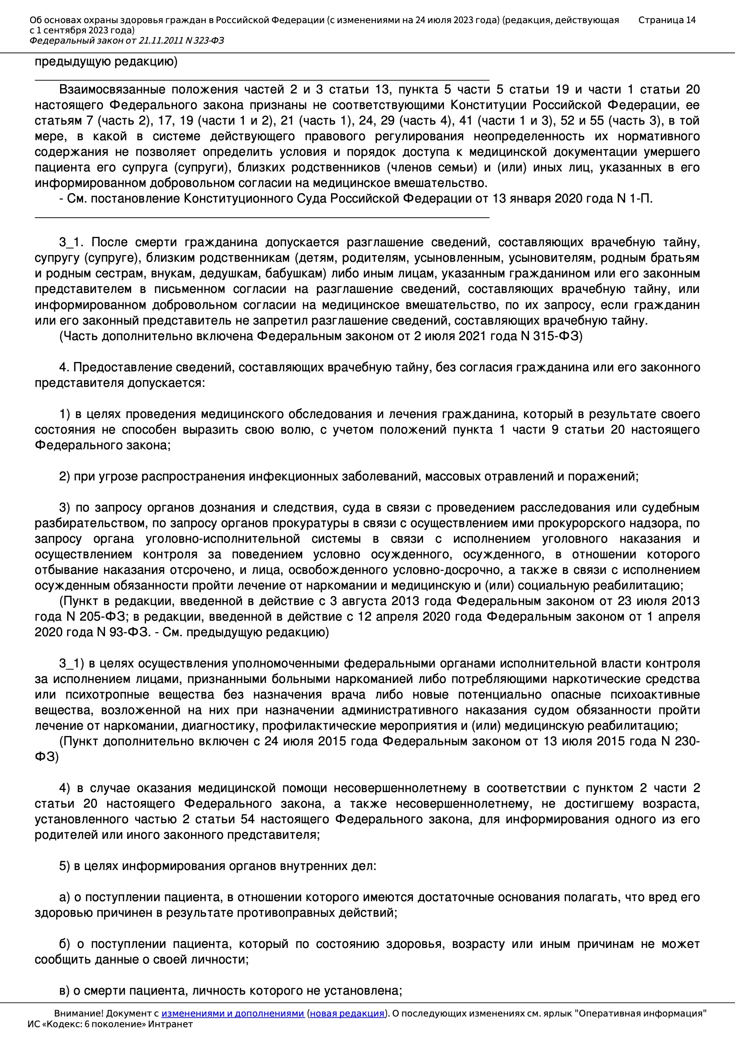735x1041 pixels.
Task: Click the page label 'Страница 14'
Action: (x=666, y=20)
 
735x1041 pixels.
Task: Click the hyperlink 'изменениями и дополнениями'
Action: (x=232, y=1013)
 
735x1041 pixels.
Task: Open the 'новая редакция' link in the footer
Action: (x=347, y=1013)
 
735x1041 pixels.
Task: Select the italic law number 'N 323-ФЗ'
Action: (x=204, y=41)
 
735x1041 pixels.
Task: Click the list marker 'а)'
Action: (x=65, y=897)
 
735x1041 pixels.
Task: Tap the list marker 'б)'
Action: (x=65, y=944)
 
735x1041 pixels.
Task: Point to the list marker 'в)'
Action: (x=65, y=991)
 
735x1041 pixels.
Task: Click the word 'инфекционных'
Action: (x=288, y=476)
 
